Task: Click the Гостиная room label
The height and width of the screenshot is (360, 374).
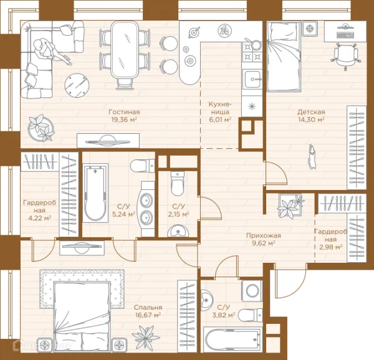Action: click(x=124, y=111)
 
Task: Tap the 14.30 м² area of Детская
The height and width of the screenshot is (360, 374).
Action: click(x=311, y=119)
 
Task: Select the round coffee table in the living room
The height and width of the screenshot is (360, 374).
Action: click(x=77, y=85)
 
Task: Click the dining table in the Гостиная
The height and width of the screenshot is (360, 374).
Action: click(x=125, y=49)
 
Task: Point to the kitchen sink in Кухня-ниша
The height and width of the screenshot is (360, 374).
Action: click(x=252, y=79)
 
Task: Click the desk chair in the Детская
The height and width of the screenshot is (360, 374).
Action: click(x=345, y=56)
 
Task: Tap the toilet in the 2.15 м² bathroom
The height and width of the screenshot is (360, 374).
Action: click(x=178, y=183)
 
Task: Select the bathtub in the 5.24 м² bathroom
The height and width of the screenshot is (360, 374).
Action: click(x=95, y=193)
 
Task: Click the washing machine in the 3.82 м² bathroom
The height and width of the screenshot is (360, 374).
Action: click(x=252, y=291)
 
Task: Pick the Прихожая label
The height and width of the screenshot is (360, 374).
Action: click(x=263, y=235)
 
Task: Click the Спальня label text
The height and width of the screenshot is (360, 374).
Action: click(x=148, y=307)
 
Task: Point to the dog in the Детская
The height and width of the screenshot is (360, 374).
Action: click(x=312, y=156)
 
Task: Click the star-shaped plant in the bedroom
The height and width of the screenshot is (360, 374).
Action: click(x=145, y=338)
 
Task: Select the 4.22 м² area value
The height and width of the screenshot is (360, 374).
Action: click(x=40, y=218)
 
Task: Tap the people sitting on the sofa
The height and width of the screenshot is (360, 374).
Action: click(x=50, y=51)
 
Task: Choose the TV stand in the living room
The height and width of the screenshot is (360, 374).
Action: click(x=108, y=141)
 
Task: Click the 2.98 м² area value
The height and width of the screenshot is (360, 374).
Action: click(x=331, y=247)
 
